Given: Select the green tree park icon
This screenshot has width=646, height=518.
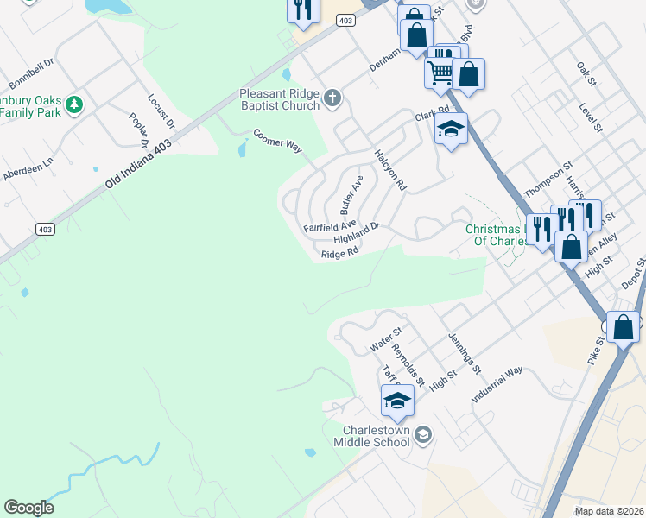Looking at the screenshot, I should point(75,104).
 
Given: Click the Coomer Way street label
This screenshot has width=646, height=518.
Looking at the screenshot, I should point(277,142).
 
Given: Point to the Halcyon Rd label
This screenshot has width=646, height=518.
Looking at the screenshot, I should point(390,169).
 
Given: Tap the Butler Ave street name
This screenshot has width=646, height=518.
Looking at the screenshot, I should point(351,194).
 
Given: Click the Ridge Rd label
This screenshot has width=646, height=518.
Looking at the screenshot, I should point(339,254).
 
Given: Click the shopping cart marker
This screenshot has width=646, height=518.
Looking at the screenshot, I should point(440,72).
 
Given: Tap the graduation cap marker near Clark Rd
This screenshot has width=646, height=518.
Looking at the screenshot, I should point(451,129).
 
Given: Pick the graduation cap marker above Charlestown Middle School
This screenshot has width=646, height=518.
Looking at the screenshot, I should point(397,401).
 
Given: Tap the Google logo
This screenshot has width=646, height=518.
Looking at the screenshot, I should point(29,507).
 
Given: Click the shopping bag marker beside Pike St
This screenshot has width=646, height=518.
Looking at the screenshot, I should point(623,327).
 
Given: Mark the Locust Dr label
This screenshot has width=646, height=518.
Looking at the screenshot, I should point(161,112).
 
